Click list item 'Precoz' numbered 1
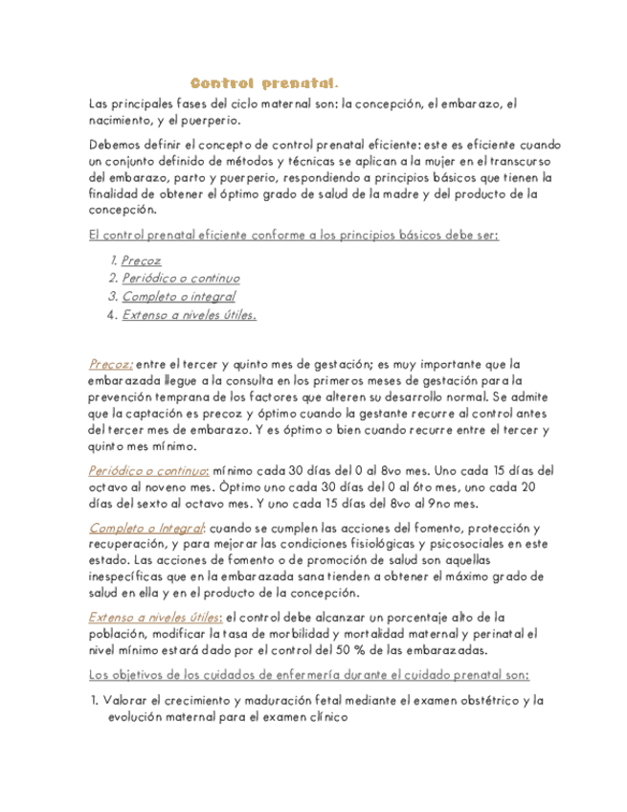pos(142,259)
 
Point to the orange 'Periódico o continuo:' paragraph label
pos(148,471)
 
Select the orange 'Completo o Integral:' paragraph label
pos(147,528)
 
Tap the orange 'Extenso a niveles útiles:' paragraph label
pos(156,617)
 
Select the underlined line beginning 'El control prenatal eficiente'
pos(293,235)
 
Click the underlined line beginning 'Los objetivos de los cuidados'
pos(314,674)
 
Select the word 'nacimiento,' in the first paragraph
pos(120,120)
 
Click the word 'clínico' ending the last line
pos(327,717)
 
